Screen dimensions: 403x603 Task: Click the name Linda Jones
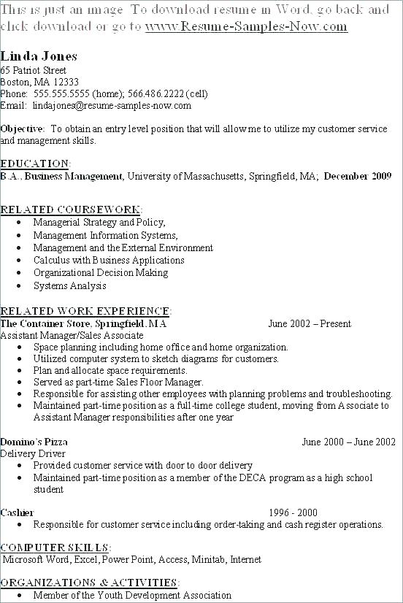[x=39, y=56]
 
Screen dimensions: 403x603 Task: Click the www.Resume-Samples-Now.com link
[x=246, y=27]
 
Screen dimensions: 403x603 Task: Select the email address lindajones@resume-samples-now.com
[x=112, y=105]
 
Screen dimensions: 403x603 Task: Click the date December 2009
[x=358, y=176]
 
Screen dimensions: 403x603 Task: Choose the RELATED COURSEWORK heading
[x=71, y=210]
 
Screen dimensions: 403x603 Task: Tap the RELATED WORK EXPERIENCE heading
[x=85, y=311]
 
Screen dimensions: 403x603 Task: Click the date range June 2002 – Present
[x=310, y=323]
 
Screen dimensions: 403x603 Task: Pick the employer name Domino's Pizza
[x=34, y=442]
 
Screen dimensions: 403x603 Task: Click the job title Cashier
[x=17, y=512]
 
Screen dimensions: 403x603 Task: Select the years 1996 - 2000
[x=293, y=512]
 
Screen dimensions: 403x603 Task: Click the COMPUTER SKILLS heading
[x=55, y=548]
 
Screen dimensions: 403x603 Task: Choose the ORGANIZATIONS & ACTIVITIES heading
[x=88, y=583]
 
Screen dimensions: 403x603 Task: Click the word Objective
[x=22, y=128]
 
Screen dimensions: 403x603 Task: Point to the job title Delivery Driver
[x=34, y=453]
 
